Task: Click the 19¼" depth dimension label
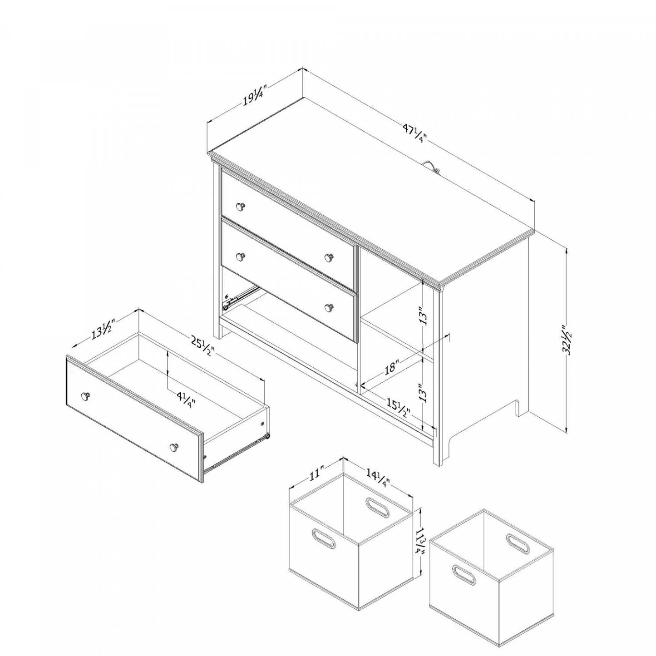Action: click(253, 97)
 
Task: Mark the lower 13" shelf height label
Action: click(423, 393)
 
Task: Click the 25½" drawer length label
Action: click(202, 347)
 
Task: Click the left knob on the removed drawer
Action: click(85, 397)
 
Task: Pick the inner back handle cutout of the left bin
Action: click(378, 507)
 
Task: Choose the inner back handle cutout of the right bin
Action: click(518, 543)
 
